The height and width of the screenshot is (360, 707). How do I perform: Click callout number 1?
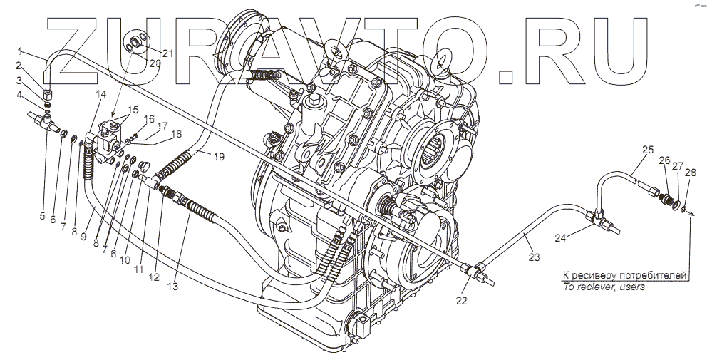point(20,50)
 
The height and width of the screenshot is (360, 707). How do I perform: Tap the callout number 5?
point(42,216)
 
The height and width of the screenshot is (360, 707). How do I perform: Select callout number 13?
point(172,286)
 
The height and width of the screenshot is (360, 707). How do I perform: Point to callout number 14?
point(101,94)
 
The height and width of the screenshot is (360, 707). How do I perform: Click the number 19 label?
point(219,157)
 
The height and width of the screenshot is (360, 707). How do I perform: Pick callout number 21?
point(167,53)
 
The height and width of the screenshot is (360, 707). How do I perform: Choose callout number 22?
point(461,301)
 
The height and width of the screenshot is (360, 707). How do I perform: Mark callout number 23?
point(534,257)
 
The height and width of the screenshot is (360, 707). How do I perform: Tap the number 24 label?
point(560,239)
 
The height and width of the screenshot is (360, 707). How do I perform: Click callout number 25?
point(647,150)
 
